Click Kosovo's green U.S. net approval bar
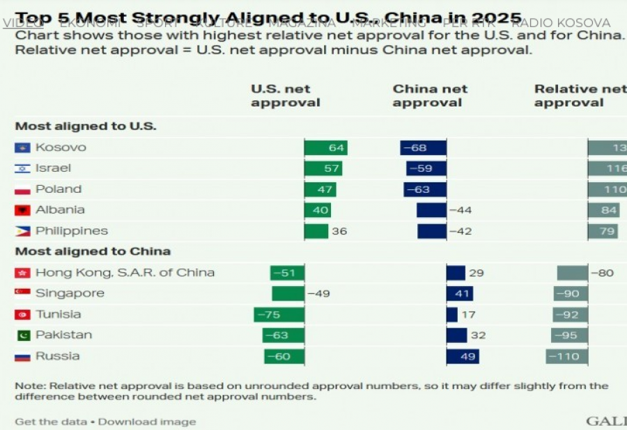pyautogui.click(x=325, y=148)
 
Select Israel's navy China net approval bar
pyautogui.click(x=426, y=168)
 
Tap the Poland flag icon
pyautogui.click(x=22, y=189)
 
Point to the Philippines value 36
pyautogui.click(x=339, y=231)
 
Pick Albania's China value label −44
pyautogui.click(x=460, y=210)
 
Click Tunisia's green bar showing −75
pyautogui.click(x=279, y=314)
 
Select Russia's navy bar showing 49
pyautogui.click(x=463, y=356)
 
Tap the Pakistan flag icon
pyautogui.click(x=22, y=335)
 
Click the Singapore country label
pyautogui.click(x=70, y=294)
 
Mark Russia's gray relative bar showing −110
pyautogui.click(x=567, y=356)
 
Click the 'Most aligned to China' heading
pyautogui.click(x=93, y=251)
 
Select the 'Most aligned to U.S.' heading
pyautogui.click(x=86, y=126)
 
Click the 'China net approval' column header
pyautogui.click(x=430, y=96)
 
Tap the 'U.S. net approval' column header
pyautogui.click(x=285, y=96)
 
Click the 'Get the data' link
pyautogui.click(x=51, y=422)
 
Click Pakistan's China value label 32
pyautogui.click(x=477, y=335)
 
